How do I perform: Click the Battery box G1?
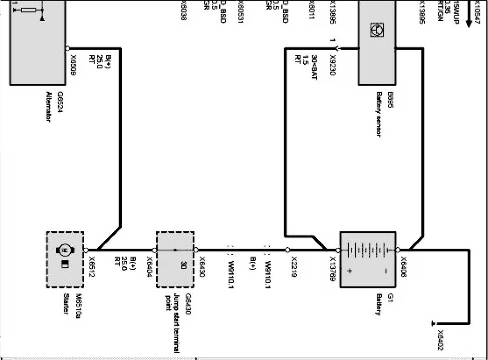point(368,259)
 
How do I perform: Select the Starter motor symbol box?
point(65,259)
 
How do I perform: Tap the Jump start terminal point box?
point(175,259)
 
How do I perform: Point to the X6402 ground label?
point(440,340)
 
